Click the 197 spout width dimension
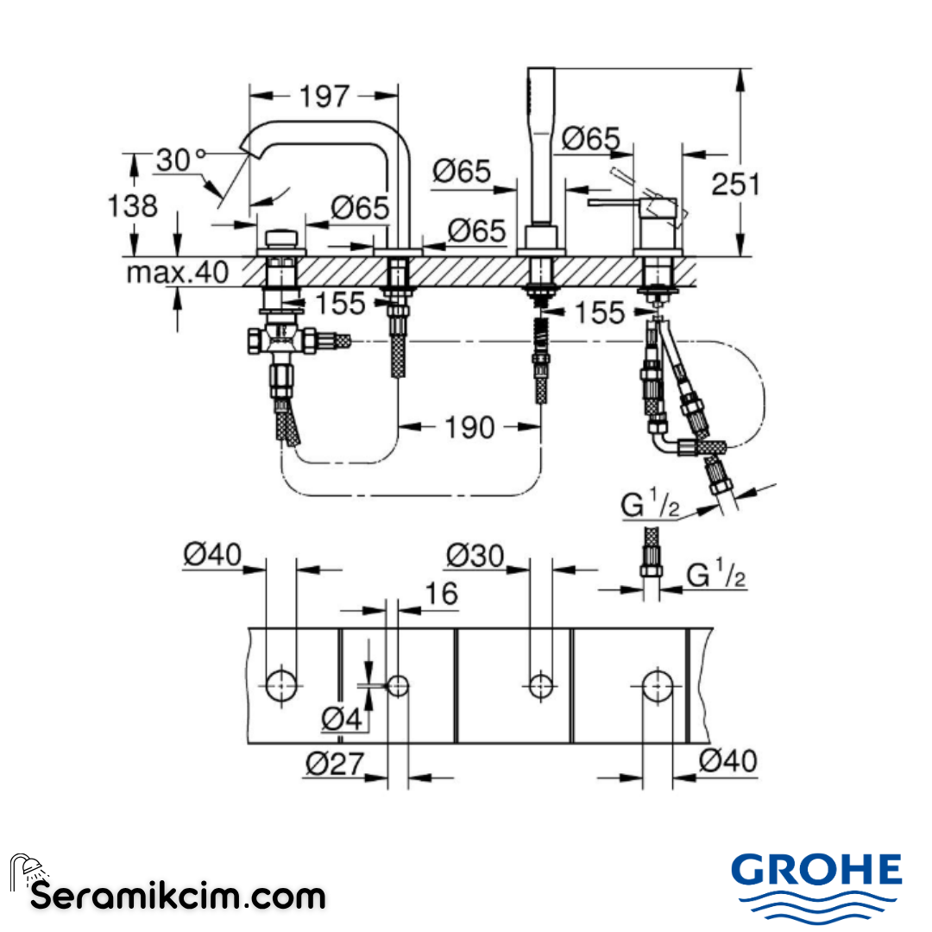[x=324, y=97]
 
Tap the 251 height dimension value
[x=736, y=185]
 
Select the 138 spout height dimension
[x=132, y=206]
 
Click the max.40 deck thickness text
[x=177, y=273]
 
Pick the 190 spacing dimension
[x=469, y=428]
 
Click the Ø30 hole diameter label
[x=475, y=556]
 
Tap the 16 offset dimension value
[x=442, y=593]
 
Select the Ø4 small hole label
[x=342, y=719]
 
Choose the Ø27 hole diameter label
[x=335, y=763]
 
